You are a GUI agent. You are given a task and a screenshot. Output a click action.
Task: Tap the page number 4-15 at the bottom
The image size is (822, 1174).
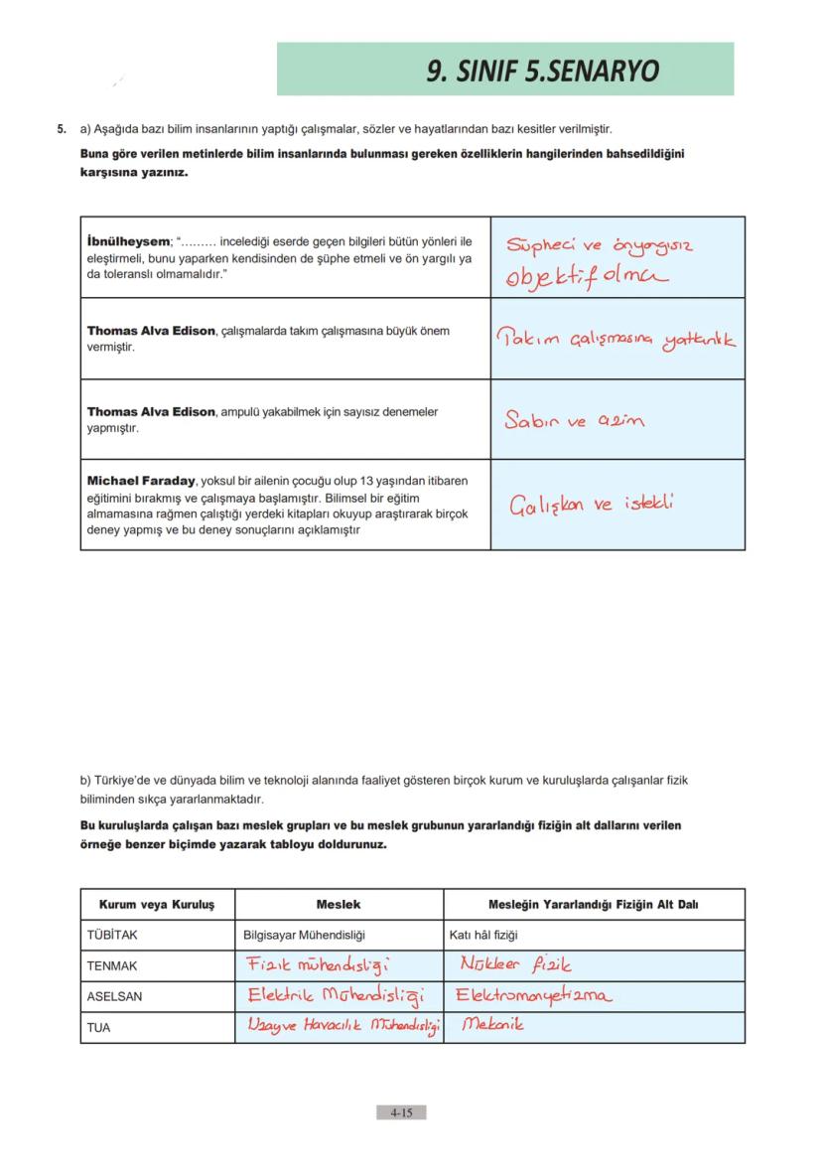point(401,1113)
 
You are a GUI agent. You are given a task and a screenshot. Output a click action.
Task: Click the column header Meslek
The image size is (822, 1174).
point(338,905)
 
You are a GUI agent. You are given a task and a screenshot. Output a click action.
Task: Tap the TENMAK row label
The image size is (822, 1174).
point(112,965)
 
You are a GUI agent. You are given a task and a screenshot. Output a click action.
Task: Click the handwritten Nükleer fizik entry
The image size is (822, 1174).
point(515,964)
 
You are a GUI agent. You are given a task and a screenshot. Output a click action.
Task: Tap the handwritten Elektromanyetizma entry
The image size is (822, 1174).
point(535,995)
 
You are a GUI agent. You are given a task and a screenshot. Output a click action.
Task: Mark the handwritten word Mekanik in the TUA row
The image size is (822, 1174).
point(492,1025)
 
